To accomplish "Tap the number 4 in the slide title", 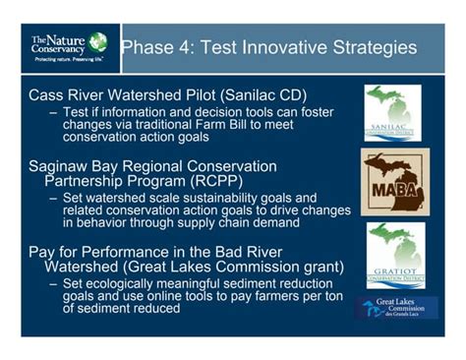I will (x=185, y=48).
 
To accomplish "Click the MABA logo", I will (x=394, y=183).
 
